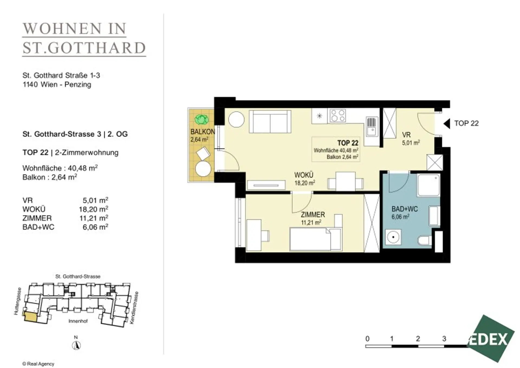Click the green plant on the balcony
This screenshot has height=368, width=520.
202,119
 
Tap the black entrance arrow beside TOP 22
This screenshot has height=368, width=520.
447,124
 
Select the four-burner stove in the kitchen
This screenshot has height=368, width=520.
337,115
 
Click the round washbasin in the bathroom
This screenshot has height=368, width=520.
393,237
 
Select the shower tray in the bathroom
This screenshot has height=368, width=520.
428,185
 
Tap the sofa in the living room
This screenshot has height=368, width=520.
270,121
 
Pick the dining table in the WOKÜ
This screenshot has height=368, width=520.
345,181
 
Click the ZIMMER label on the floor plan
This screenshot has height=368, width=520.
313,215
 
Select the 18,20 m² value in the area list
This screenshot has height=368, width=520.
94,209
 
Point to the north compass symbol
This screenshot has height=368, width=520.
77,345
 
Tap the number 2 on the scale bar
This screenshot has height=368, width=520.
418,339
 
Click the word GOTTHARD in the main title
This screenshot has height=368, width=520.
97,48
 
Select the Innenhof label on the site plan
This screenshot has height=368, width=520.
78,321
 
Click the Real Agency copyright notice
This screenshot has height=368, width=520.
38,364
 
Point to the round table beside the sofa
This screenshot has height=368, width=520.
236,120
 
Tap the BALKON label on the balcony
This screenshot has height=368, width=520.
203,132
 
